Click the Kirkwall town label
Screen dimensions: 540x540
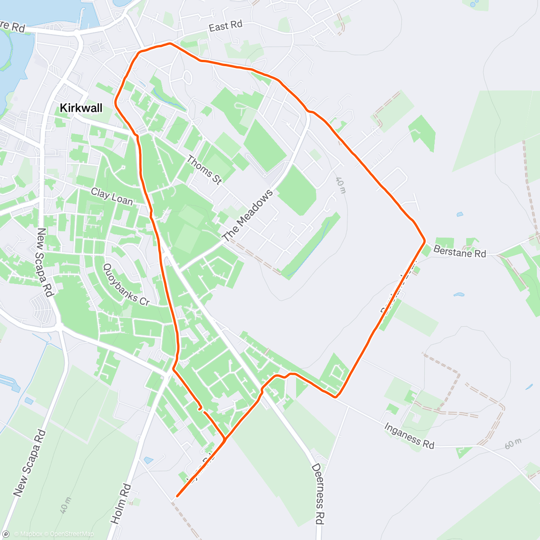tap(81, 108)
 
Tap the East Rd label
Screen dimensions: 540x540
tap(225, 26)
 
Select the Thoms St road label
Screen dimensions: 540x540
tap(204, 170)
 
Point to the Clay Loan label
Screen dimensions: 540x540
tap(112, 196)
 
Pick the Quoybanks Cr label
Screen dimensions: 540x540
tap(126, 285)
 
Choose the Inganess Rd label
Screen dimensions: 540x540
tap(409, 436)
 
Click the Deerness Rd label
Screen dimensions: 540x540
tap(318, 494)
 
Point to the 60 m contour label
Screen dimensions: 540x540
tap(513, 444)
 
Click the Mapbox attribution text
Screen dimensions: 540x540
tap(28, 534)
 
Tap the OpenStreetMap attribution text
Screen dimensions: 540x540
tap(72, 534)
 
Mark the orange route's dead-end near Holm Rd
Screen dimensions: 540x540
tap(177, 496)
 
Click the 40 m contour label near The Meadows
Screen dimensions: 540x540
tap(341, 185)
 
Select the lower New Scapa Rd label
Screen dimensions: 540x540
tap(30, 463)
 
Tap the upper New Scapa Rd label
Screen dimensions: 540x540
tap(45, 262)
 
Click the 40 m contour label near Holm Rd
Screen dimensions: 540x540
tap(65, 505)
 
